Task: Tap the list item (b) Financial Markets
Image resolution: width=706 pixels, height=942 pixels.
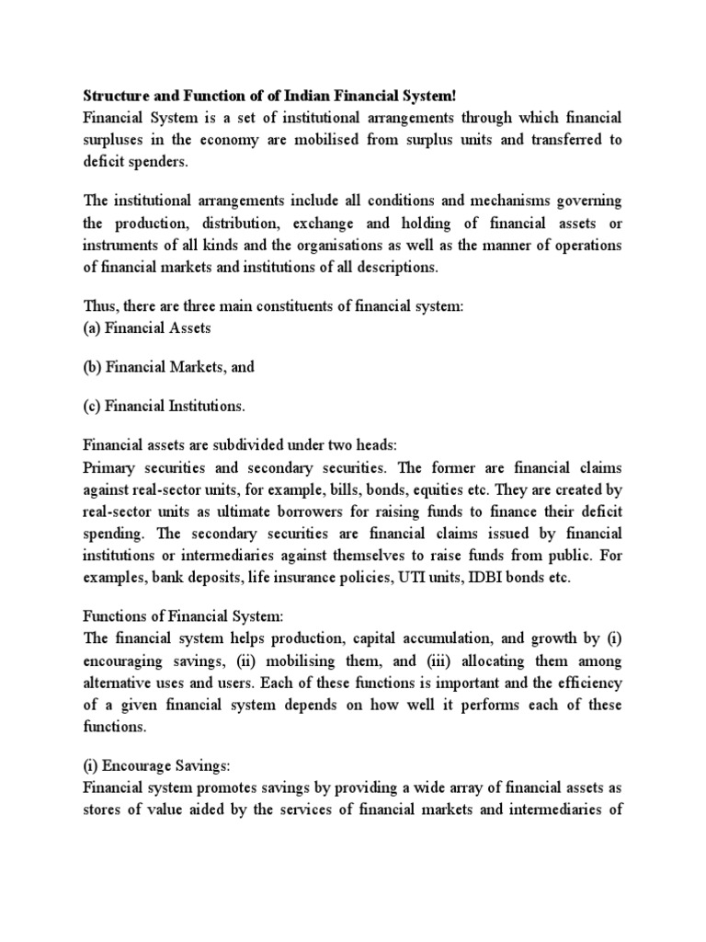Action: [x=168, y=366]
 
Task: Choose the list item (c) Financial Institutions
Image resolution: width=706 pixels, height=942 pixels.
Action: [x=165, y=406]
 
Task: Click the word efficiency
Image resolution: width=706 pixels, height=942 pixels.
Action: [x=586, y=684]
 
